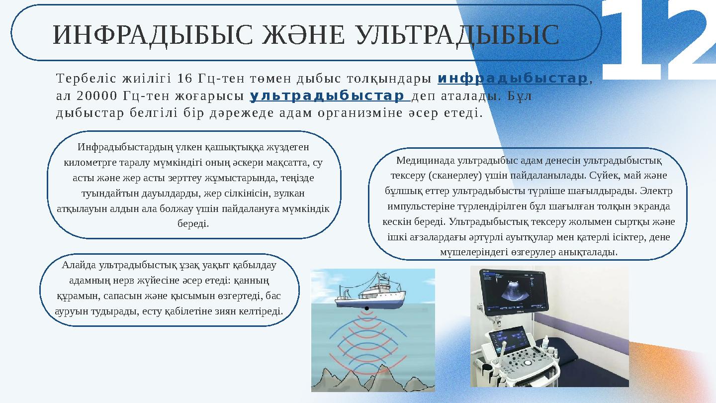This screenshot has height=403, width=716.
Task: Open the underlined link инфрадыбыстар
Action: tap(512, 79)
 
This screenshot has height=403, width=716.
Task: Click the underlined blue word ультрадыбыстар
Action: tap(328, 95)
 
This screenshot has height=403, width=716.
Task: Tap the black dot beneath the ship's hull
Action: tap(366, 309)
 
